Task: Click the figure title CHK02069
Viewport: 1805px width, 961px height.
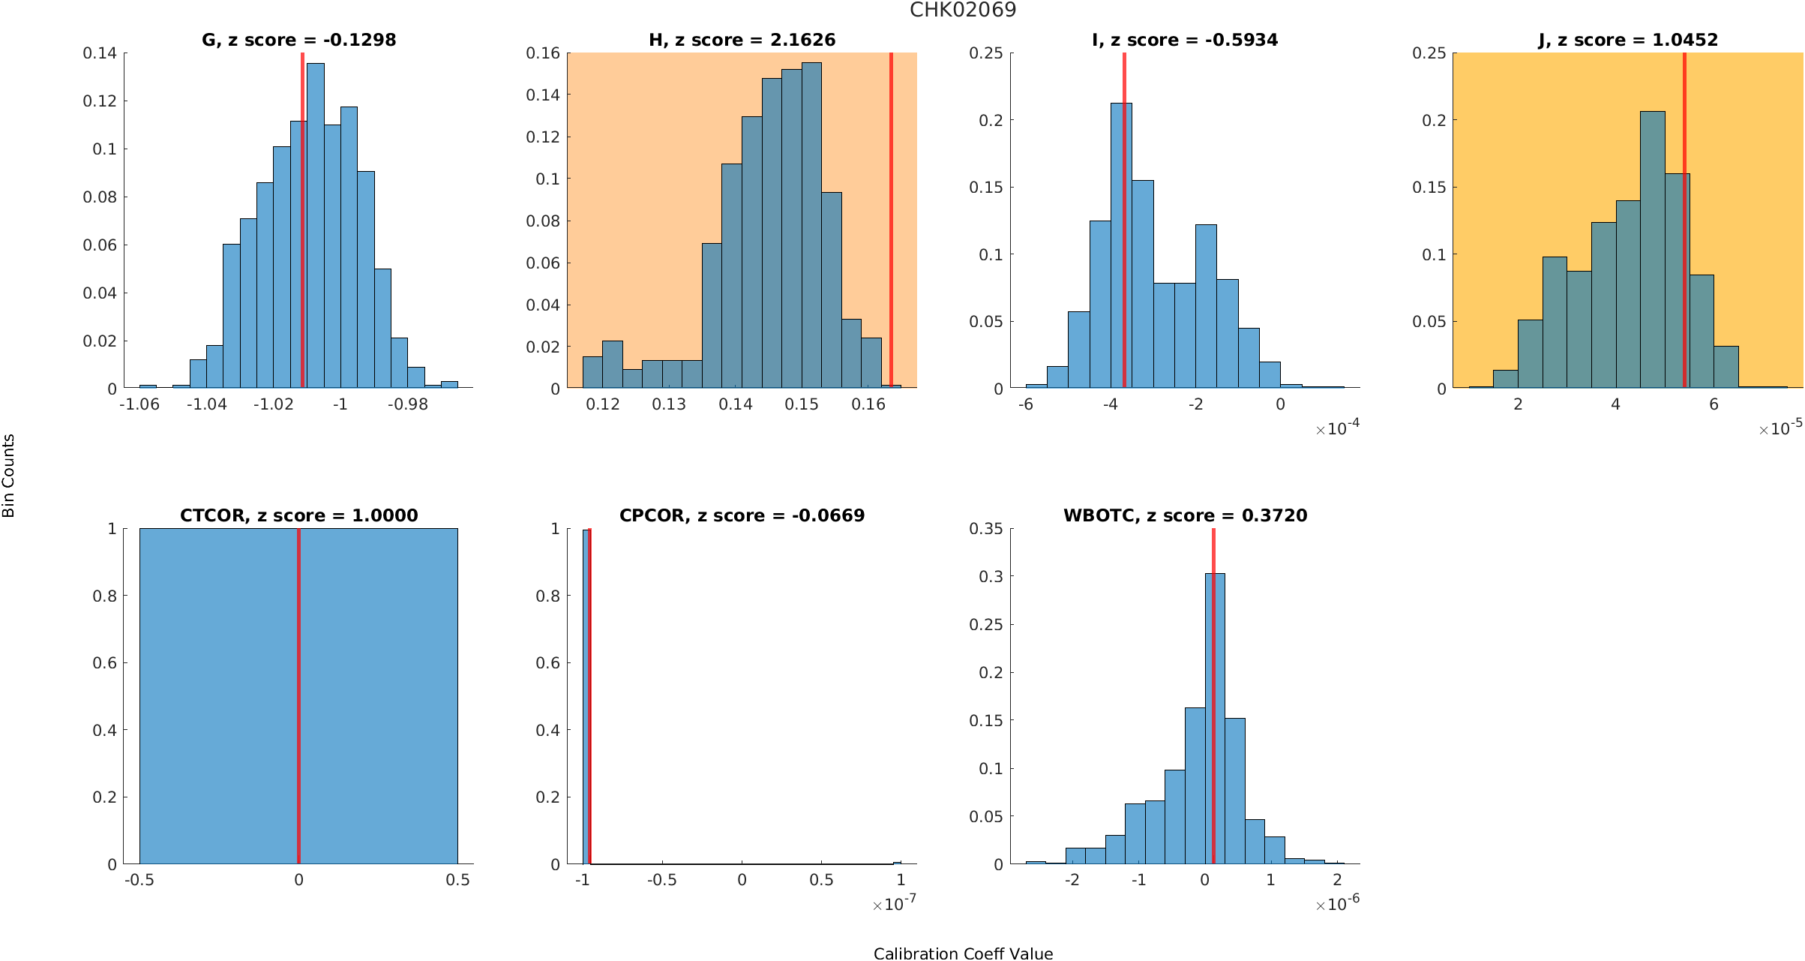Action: coord(963,10)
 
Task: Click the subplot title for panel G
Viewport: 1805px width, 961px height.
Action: coord(298,40)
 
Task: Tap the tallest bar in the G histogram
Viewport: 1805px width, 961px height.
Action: coord(316,225)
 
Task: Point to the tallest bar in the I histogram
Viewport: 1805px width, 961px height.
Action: coord(1121,248)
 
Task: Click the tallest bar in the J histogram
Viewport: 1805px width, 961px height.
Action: coord(1652,248)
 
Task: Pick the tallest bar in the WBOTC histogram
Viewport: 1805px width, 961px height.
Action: coord(1215,720)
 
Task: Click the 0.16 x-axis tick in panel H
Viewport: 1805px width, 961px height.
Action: coord(868,405)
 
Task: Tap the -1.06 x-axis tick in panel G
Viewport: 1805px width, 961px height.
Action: coord(139,405)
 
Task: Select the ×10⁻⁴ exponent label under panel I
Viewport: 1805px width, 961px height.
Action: coord(1338,428)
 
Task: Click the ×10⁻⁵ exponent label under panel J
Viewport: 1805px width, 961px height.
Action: coord(1780,428)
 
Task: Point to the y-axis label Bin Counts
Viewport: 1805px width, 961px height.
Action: coord(9,476)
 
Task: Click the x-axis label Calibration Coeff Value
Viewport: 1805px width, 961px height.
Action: coord(963,953)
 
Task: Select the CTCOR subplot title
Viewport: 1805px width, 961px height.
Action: coord(298,515)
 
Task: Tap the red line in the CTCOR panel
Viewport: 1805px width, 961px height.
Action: coord(298,698)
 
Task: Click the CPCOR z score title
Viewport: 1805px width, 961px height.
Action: coord(742,515)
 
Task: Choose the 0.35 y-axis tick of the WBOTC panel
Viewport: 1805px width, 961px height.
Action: coord(986,529)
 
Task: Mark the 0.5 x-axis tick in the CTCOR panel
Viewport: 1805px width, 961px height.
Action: coord(457,880)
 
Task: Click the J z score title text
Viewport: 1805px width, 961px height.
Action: coord(1628,40)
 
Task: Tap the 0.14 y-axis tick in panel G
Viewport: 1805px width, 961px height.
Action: coord(100,53)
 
